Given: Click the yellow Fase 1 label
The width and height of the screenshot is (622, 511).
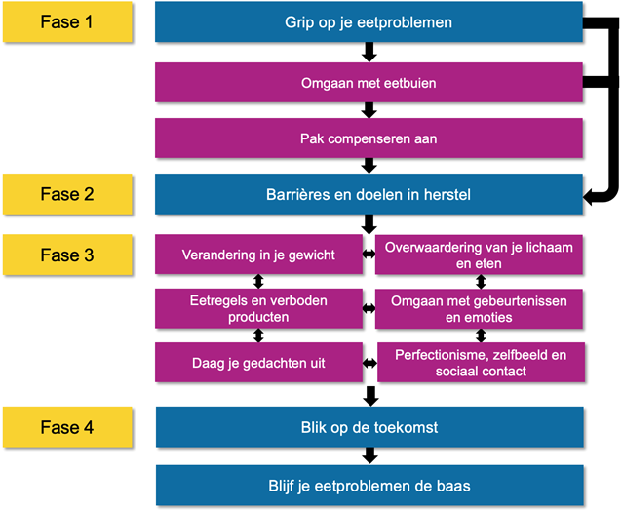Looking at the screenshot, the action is point(67,21).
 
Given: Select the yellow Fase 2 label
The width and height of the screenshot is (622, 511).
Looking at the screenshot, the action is point(67,194).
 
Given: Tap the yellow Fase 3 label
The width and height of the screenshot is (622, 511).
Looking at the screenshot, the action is point(67,255).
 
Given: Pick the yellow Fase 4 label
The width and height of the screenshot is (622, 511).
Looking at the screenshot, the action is point(67,427).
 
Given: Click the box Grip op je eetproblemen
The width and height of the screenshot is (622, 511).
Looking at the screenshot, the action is point(369,21).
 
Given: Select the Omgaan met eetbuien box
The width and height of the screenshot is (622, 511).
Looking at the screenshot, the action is point(369,83).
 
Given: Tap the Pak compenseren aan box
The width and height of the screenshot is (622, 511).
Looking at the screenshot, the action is point(369,138).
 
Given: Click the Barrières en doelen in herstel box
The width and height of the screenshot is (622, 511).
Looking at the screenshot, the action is point(369,194).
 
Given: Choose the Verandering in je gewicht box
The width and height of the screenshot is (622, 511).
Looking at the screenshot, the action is point(258,255).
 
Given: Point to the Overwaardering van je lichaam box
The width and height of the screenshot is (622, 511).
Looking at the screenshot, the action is point(479,255).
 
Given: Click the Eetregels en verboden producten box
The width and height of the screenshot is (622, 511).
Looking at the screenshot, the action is point(258,309).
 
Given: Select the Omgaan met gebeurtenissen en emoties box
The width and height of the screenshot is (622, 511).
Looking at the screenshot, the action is point(479,309).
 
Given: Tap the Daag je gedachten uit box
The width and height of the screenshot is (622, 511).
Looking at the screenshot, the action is point(258,363).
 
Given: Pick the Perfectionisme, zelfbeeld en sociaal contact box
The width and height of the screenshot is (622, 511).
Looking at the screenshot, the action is point(481,363).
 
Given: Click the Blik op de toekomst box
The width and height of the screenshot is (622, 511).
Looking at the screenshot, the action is point(369,427).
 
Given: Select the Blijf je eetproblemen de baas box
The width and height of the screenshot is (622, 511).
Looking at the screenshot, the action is point(369,486).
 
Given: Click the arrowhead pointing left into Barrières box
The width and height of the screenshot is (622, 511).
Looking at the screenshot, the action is point(589,196).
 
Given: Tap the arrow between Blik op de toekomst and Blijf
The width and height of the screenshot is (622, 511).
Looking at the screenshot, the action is point(369,455).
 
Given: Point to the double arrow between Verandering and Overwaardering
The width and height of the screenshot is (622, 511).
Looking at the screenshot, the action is point(369,255).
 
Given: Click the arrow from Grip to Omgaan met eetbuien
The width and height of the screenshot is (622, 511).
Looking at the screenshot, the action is point(369,52).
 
